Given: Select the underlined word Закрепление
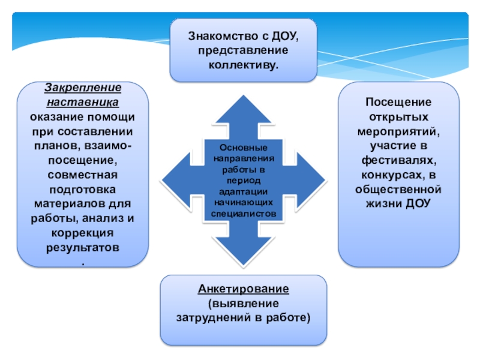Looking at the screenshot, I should (x=83, y=88).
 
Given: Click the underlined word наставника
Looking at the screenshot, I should (x=83, y=101).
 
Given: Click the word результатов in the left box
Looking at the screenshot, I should (x=83, y=247).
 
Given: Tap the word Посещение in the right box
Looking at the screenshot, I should (x=399, y=103).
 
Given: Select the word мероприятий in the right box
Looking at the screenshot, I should (x=399, y=131).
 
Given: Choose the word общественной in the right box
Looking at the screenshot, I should (x=399, y=189).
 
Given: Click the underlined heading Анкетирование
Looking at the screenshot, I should (x=244, y=289).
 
